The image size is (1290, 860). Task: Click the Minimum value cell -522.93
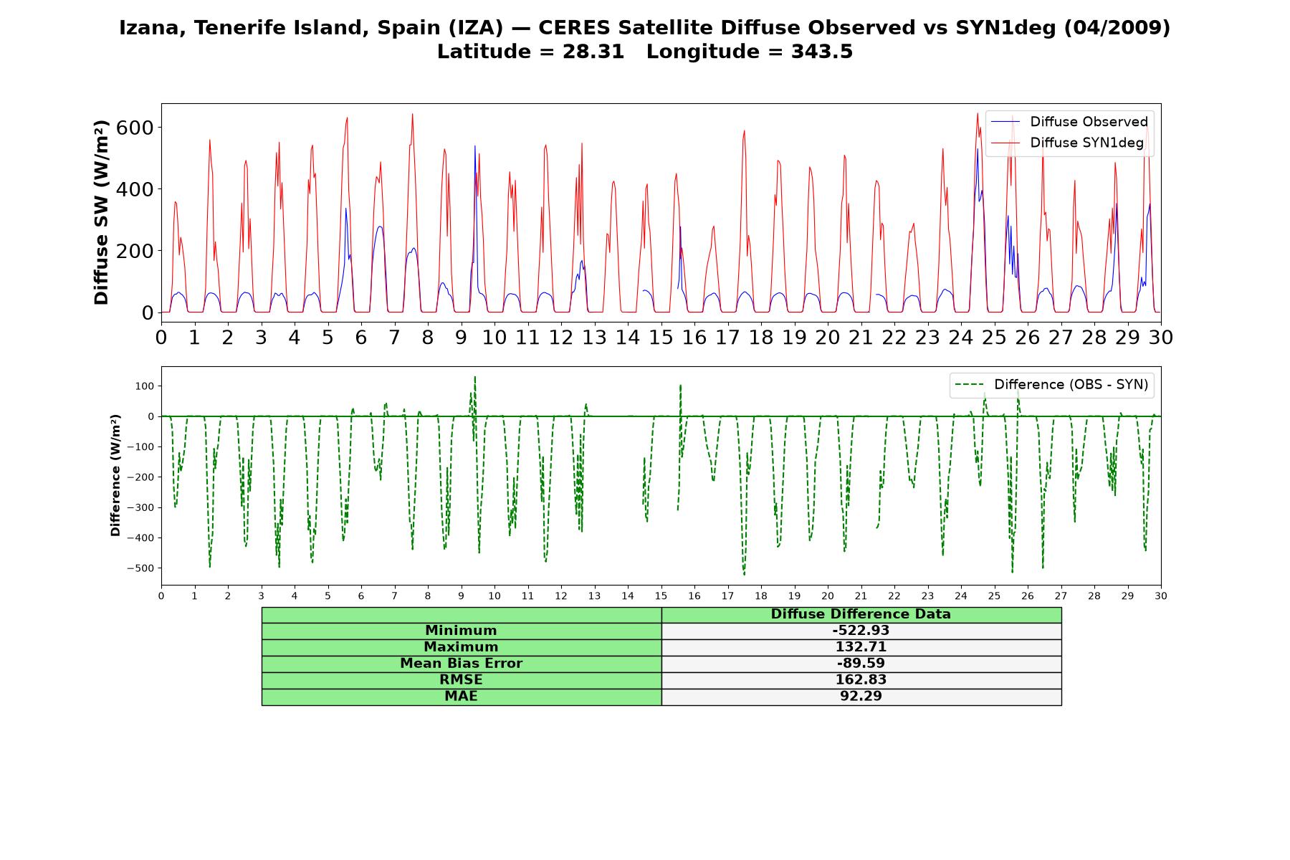pos(861,631)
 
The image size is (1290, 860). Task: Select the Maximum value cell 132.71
pos(861,647)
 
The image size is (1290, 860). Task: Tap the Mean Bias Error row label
pos(461,664)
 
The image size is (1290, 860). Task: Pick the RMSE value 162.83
pos(861,680)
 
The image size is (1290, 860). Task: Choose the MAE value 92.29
pos(861,697)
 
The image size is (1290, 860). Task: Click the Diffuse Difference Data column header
pos(861,614)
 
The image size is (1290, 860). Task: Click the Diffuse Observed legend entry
pos(1069,122)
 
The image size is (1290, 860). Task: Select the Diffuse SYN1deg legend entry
pos(1067,143)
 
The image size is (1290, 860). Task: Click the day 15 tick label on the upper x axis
pos(661,337)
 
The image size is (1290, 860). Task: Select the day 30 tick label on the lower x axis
pos(1161,596)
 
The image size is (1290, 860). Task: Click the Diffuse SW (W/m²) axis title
pos(101,212)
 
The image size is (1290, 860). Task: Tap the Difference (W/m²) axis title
pos(115,475)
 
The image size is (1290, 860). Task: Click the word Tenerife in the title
pos(235,28)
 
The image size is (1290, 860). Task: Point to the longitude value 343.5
pos(822,52)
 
